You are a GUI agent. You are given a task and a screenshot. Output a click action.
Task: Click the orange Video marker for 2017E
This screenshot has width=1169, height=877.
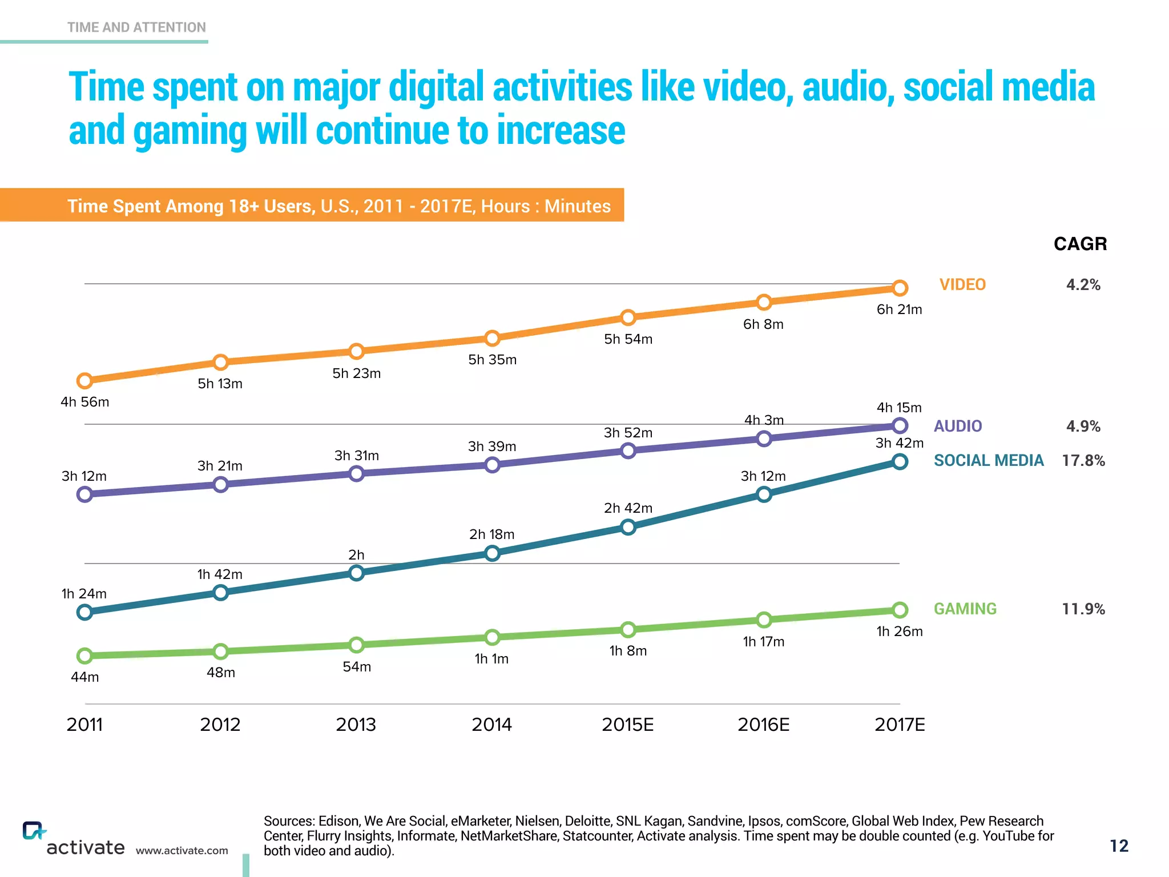[900, 288]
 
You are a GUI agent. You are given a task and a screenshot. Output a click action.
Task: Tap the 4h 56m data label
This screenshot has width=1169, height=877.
[84, 402]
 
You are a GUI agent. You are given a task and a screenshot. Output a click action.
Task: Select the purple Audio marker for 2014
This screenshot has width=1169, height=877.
[492, 465]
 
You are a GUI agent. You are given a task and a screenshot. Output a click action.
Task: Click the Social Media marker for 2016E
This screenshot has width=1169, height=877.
[764, 494]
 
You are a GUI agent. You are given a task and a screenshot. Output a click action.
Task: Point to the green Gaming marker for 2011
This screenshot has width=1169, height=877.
[84, 655]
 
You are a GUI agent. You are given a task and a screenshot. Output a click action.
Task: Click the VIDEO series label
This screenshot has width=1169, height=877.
[962, 284]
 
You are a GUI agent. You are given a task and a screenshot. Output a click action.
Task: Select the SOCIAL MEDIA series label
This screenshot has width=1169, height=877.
[988, 460]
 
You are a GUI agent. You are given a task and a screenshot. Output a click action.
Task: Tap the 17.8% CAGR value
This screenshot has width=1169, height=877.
[1083, 460]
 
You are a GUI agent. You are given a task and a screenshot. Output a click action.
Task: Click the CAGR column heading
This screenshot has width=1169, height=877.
[1080, 244]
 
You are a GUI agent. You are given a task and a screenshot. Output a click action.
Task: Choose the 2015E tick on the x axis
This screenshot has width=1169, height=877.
[627, 725]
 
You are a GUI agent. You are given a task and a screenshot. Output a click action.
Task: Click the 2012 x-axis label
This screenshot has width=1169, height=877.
[220, 725]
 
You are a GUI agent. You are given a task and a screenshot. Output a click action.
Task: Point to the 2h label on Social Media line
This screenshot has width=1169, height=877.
[356, 555]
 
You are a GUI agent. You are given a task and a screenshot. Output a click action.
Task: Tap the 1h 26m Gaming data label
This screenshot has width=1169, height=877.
[900, 631]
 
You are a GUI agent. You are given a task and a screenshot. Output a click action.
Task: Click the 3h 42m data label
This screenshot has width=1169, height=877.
[900, 443]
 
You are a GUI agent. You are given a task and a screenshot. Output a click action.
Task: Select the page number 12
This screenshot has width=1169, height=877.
[1119, 846]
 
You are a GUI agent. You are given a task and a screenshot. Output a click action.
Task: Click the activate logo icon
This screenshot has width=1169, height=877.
[33, 830]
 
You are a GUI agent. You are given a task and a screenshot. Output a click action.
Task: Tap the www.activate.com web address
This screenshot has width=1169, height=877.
[182, 851]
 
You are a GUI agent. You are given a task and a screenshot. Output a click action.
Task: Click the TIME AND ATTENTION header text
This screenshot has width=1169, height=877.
[136, 27]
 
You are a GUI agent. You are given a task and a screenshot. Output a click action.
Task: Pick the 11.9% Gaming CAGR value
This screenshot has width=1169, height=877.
[1083, 609]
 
